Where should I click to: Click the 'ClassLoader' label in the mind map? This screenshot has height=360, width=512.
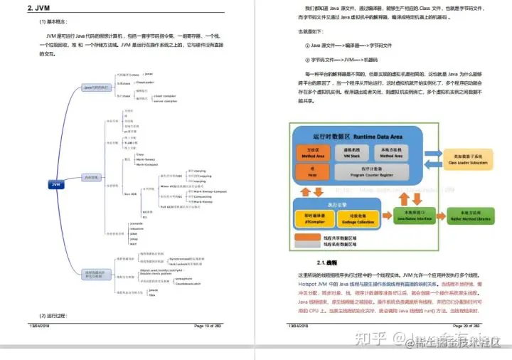pyautogui.click(x=146, y=82)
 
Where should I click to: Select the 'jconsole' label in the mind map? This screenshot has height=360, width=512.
pyautogui.click(x=138, y=223)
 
